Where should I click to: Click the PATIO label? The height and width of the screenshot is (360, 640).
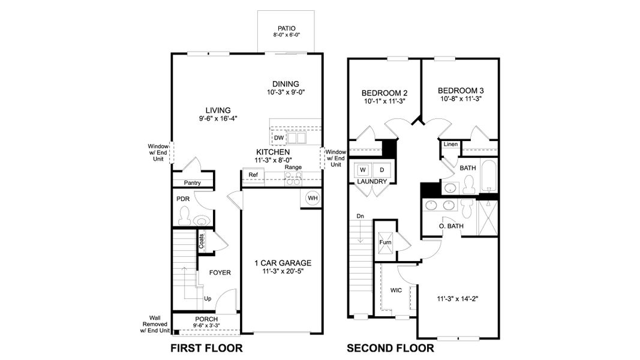(x=286, y=28)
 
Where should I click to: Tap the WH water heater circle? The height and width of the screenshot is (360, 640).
(x=313, y=199)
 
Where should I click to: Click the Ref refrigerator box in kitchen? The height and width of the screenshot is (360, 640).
(x=253, y=175)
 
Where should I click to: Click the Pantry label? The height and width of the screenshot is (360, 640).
(x=192, y=183)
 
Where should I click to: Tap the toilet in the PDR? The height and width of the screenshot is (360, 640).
(x=185, y=214)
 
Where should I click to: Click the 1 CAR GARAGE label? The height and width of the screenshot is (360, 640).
(x=283, y=263)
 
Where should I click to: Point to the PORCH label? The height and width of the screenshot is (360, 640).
(x=206, y=319)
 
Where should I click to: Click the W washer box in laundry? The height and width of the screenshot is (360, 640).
(x=363, y=170)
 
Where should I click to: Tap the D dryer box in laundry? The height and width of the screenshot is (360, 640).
(x=381, y=170)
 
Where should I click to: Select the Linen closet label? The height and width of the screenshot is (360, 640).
(x=450, y=145)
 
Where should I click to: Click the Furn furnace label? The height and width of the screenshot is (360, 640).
(x=384, y=242)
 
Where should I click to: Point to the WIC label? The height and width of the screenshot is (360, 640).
(x=396, y=290)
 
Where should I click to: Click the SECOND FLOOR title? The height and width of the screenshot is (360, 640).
(x=390, y=348)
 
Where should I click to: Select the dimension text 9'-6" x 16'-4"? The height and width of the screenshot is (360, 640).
(x=218, y=118)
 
